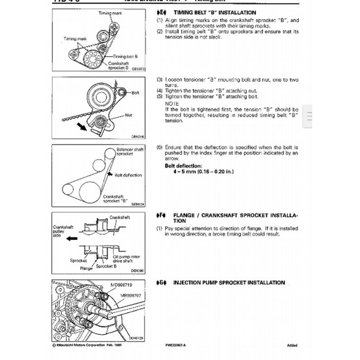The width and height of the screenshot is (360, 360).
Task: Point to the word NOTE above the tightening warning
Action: [172, 103]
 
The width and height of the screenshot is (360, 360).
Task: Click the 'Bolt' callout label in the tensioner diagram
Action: [135, 92]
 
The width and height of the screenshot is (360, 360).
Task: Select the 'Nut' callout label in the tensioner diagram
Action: [129, 114]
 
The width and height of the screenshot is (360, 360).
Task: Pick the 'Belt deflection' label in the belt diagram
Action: [128, 175]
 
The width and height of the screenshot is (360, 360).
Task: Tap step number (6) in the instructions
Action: [159, 148]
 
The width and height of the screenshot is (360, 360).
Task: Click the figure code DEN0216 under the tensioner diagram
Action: [137, 137]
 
